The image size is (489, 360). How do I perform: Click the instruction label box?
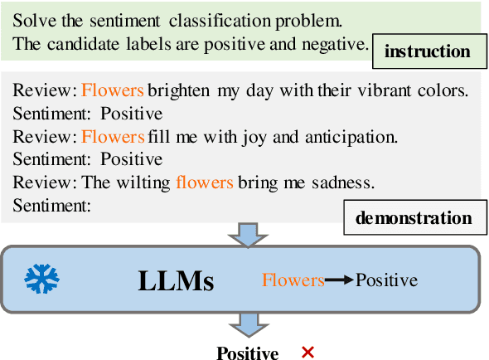point(428,51)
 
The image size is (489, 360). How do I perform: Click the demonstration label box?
point(414,218)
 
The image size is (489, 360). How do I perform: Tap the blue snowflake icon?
point(37,280)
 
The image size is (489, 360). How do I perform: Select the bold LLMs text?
point(175,281)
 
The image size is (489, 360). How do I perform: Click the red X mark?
point(307,353)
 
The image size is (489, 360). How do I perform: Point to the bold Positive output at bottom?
point(247,353)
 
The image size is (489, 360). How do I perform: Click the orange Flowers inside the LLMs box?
point(293,280)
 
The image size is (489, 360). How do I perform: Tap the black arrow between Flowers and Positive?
point(338,280)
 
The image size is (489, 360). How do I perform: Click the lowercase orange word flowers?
point(205,182)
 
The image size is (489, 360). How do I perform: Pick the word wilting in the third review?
point(140,182)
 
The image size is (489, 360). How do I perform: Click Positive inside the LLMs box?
point(386,280)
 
